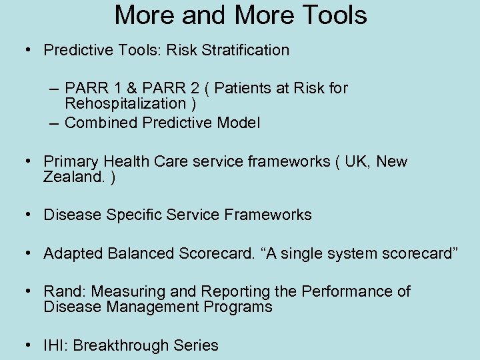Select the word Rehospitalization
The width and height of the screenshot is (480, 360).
click(125, 104)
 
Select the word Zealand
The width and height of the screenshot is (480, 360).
click(70, 177)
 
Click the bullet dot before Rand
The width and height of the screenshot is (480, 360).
click(29, 292)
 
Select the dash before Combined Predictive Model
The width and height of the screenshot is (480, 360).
click(55, 123)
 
